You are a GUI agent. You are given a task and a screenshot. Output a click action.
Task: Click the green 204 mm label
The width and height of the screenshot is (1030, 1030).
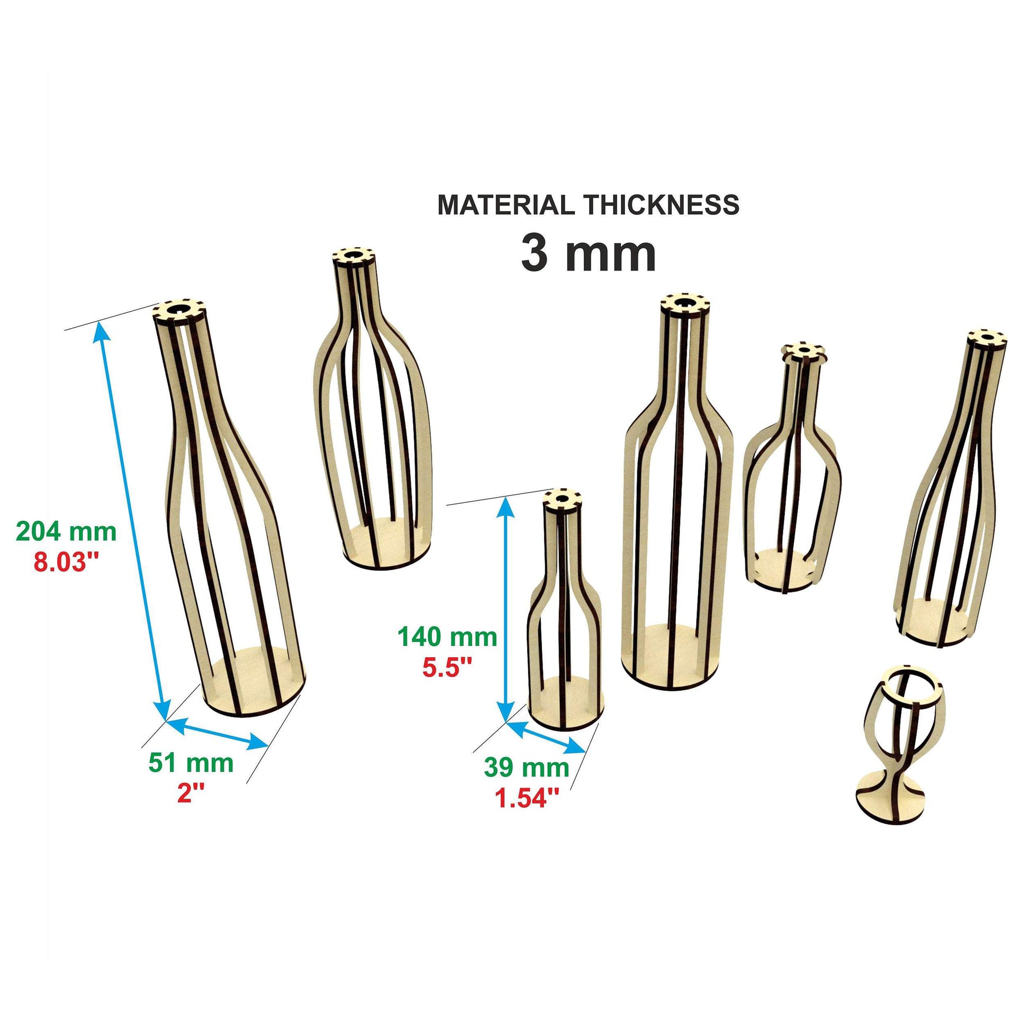click(66, 531)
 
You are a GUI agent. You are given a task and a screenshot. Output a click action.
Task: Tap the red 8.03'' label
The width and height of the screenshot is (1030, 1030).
click(67, 562)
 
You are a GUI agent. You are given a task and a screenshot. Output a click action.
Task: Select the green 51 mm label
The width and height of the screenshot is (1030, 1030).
click(191, 763)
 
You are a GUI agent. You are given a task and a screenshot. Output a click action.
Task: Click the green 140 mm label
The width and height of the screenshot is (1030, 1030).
click(447, 637)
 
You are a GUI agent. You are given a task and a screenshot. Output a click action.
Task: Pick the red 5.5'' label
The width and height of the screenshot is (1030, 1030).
click(448, 667)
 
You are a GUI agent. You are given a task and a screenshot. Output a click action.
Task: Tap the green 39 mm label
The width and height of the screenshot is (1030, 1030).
click(526, 767)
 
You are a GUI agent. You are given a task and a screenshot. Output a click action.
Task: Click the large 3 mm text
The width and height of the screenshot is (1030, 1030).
click(588, 254)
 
